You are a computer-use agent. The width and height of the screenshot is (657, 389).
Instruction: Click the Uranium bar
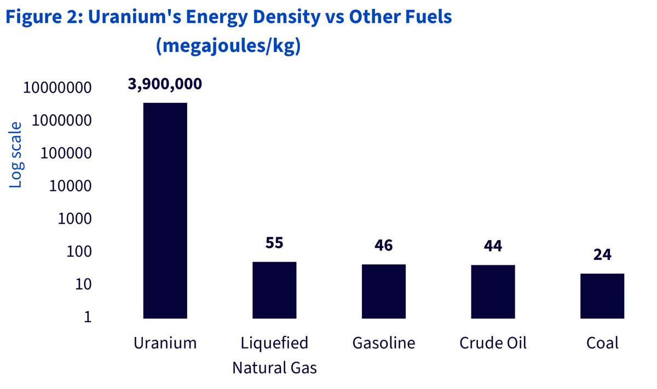[165, 211]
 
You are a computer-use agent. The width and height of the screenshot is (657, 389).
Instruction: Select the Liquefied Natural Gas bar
[274, 290]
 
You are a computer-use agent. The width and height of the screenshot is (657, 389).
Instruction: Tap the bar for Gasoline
[384, 292]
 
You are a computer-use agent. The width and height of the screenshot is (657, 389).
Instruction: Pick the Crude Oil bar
[493, 292]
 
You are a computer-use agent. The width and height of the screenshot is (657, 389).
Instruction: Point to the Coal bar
[602, 296]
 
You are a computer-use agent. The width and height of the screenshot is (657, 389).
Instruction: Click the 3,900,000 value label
[165, 84]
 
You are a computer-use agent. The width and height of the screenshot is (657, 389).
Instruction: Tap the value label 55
[274, 243]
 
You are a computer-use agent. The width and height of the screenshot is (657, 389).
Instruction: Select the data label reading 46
[384, 245]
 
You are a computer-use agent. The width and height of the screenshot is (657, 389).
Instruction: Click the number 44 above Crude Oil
[493, 246]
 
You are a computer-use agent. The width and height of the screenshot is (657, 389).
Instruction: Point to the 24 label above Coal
[602, 254]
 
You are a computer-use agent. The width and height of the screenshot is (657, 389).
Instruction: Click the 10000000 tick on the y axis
[57, 88]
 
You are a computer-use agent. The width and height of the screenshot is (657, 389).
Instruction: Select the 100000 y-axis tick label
[66, 153]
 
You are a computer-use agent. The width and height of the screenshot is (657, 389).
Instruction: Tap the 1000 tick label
[74, 219]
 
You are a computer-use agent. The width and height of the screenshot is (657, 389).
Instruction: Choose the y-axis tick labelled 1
[88, 317]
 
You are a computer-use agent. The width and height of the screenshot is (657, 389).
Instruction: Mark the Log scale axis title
[15, 155]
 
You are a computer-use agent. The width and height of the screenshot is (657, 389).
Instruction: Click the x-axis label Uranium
[165, 343]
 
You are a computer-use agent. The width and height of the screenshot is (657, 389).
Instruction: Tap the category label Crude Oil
[493, 343]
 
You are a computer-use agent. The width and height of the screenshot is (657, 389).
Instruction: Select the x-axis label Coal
[602, 343]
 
